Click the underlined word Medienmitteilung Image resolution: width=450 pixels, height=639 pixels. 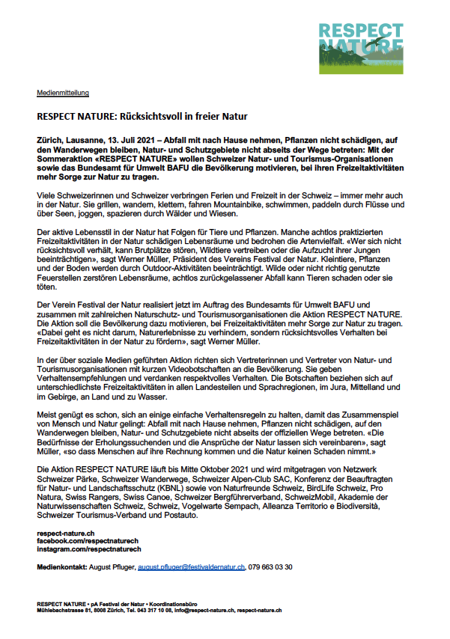click(x=63, y=93)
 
